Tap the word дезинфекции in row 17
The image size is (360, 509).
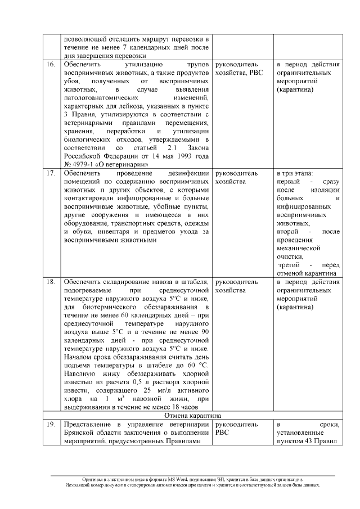click(188, 174)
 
